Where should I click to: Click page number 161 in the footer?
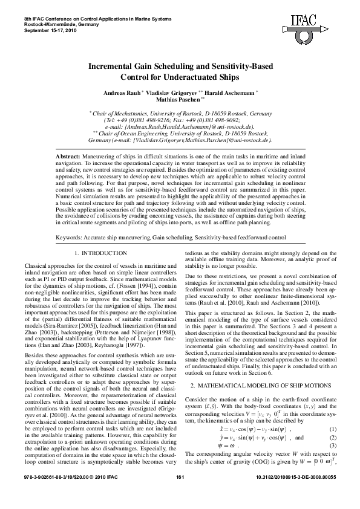click(180, 494)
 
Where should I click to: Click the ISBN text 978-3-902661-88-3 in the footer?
click(45, 494)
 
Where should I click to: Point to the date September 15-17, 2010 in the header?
click(47, 30)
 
